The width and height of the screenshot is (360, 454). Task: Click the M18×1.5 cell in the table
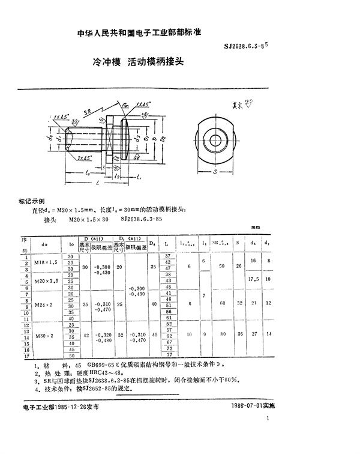point(46,262)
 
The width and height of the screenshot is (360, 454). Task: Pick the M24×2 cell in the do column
point(46,304)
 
